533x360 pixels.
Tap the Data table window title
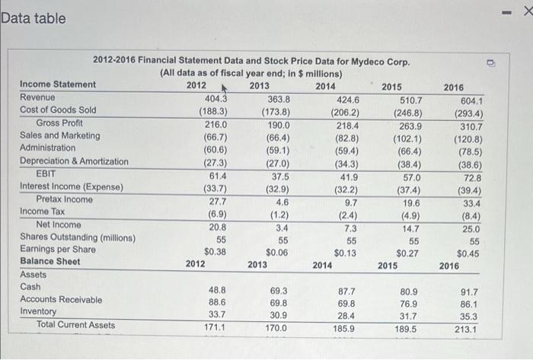point(34,18)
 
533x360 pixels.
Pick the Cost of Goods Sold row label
point(58,110)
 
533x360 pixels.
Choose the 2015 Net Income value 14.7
point(412,226)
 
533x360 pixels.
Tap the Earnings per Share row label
point(58,250)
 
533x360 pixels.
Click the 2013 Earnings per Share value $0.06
point(276,252)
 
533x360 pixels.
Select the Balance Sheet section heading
point(50,262)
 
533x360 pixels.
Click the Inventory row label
point(38,312)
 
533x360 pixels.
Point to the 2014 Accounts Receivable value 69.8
point(346,302)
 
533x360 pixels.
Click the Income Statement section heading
point(58,84)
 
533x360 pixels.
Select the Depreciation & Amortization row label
point(74,161)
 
